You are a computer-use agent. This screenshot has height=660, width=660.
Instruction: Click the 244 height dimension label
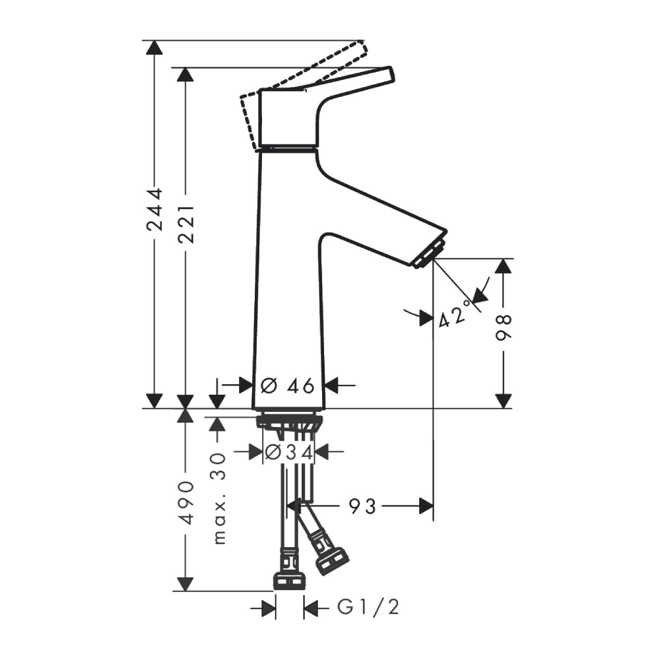154,209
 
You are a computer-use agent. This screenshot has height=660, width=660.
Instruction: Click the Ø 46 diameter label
288,385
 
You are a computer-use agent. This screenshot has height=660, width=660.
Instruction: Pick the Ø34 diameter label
288,452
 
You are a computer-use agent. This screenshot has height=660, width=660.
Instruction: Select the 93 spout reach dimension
362,506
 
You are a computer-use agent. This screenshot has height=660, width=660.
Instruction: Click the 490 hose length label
185,502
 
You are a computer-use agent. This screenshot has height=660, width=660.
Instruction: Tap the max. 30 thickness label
219,498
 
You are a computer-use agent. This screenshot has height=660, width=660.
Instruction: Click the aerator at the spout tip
428,255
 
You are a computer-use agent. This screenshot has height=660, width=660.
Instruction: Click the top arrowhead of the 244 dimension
154,48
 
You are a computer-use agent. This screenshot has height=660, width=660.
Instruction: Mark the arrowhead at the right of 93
426,506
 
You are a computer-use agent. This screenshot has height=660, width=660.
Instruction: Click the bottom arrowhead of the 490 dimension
185,583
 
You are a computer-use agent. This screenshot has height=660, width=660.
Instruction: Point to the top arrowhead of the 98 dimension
504,266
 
